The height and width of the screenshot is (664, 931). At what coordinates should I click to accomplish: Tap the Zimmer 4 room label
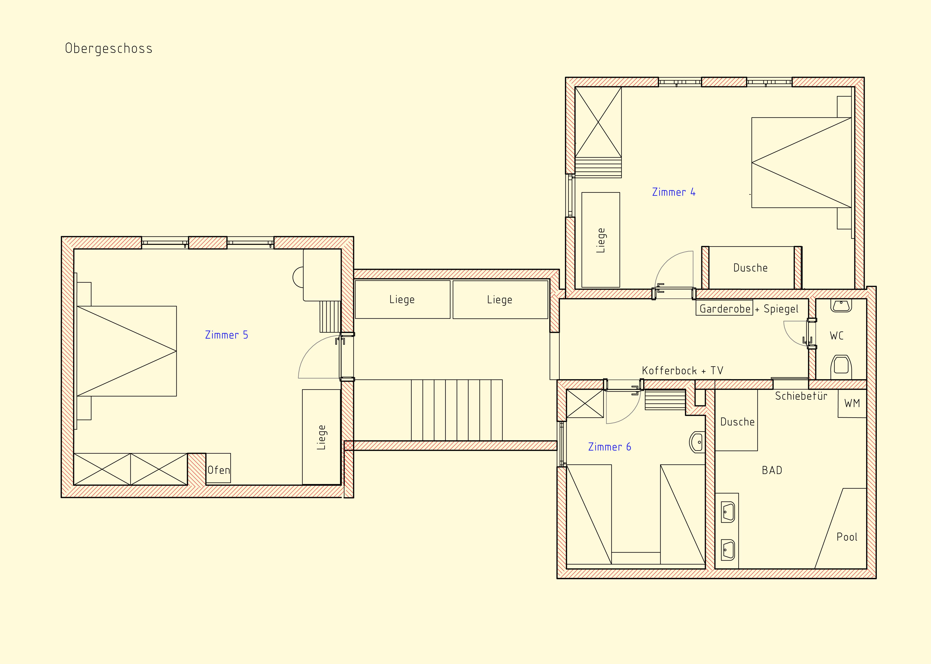[x=674, y=192]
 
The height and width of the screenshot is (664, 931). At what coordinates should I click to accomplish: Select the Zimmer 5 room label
[x=227, y=335]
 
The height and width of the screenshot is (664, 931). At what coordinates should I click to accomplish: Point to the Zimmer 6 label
[x=609, y=447]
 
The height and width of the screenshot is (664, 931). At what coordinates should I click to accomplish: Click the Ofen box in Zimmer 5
[x=218, y=468]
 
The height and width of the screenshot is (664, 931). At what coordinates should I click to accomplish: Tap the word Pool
[x=847, y=537]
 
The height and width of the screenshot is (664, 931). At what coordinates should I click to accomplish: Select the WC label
[x=836, y=336]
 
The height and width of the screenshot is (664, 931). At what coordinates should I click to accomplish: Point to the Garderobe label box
[x=725, y=309]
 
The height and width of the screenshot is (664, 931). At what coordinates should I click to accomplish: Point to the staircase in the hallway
[x=457, y=410]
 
